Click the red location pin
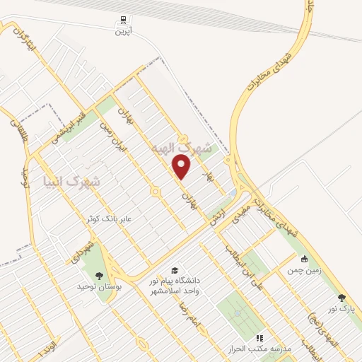tap(182, 168)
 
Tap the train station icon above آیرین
tap(124, 20)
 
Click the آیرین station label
tap(124, 31)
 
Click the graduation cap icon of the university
tap(174, 270)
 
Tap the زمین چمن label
tap(304, 270)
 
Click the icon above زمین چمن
tap(304, 259)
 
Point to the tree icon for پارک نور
tap(342, 298)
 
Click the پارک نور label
tap(342, 308)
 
